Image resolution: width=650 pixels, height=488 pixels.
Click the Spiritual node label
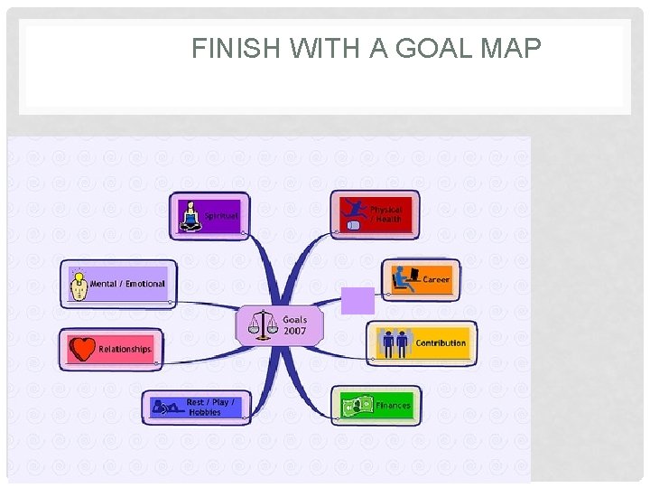[221, 216]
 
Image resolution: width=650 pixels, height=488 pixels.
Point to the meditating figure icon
[190, 216]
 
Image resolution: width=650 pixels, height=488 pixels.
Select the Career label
[436, 280]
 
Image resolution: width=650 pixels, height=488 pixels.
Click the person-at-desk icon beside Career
[404, 279]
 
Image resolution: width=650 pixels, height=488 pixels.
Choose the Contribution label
[441, 343]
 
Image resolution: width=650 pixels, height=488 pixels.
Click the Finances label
[393, 406]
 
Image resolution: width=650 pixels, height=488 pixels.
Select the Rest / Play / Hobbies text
[210, 407]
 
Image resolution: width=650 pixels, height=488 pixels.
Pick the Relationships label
[125, 349]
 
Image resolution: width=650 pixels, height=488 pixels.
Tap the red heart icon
[83, 349]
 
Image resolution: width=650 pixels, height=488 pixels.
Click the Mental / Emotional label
[127, 284]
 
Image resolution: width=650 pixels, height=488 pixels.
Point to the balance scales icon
[263, 325]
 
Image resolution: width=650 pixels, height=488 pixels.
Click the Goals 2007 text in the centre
[294, 325]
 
